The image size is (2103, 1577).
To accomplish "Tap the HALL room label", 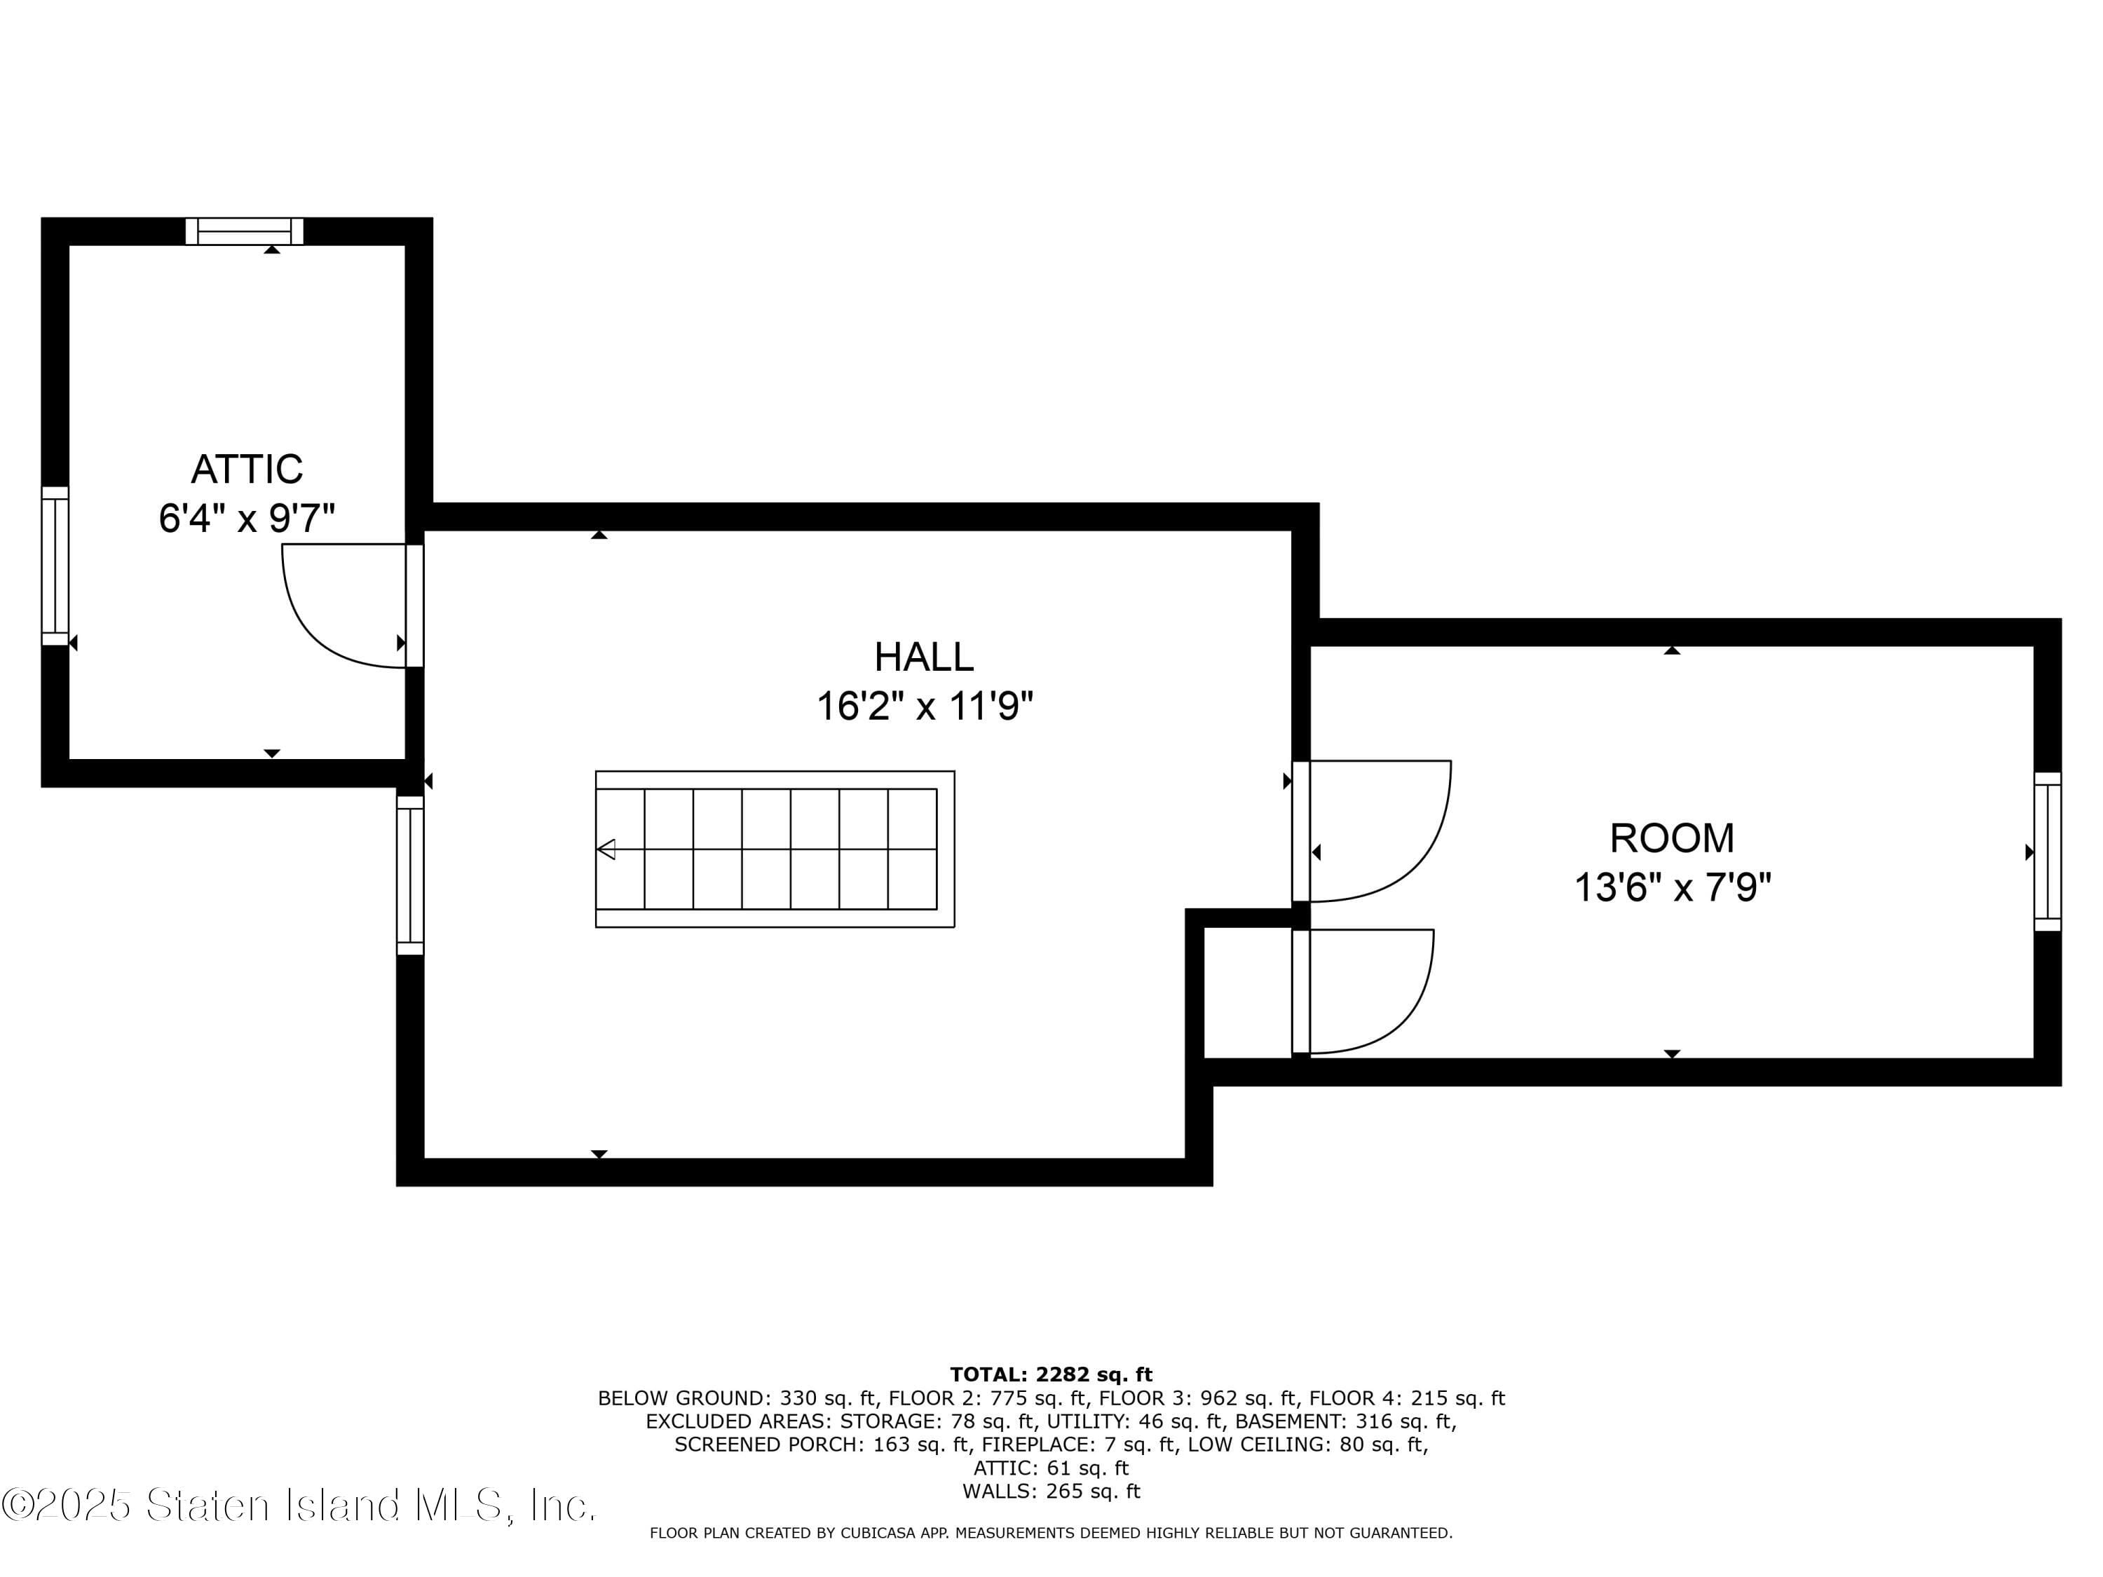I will [923, 657].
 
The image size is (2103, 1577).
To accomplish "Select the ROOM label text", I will [1671, 838].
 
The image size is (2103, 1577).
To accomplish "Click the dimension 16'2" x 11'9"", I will [923, 706].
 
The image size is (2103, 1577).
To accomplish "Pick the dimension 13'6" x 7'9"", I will [1671, 888].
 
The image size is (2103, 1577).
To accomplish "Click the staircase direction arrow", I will [606, 849].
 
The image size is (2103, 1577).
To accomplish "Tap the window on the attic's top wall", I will [245, 231].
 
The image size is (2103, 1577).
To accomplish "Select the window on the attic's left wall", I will [55, 566].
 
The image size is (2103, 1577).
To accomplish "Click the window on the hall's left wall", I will [410, 875].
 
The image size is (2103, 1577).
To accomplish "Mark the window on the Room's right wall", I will [2047, 851].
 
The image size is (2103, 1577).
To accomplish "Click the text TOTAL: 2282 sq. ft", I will [1051, 1374].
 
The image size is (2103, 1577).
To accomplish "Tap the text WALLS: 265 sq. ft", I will [1051, 1491].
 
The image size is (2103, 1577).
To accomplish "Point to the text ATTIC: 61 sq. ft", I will [1051, 1468].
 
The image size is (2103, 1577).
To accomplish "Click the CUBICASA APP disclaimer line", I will [1051, 1532].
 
